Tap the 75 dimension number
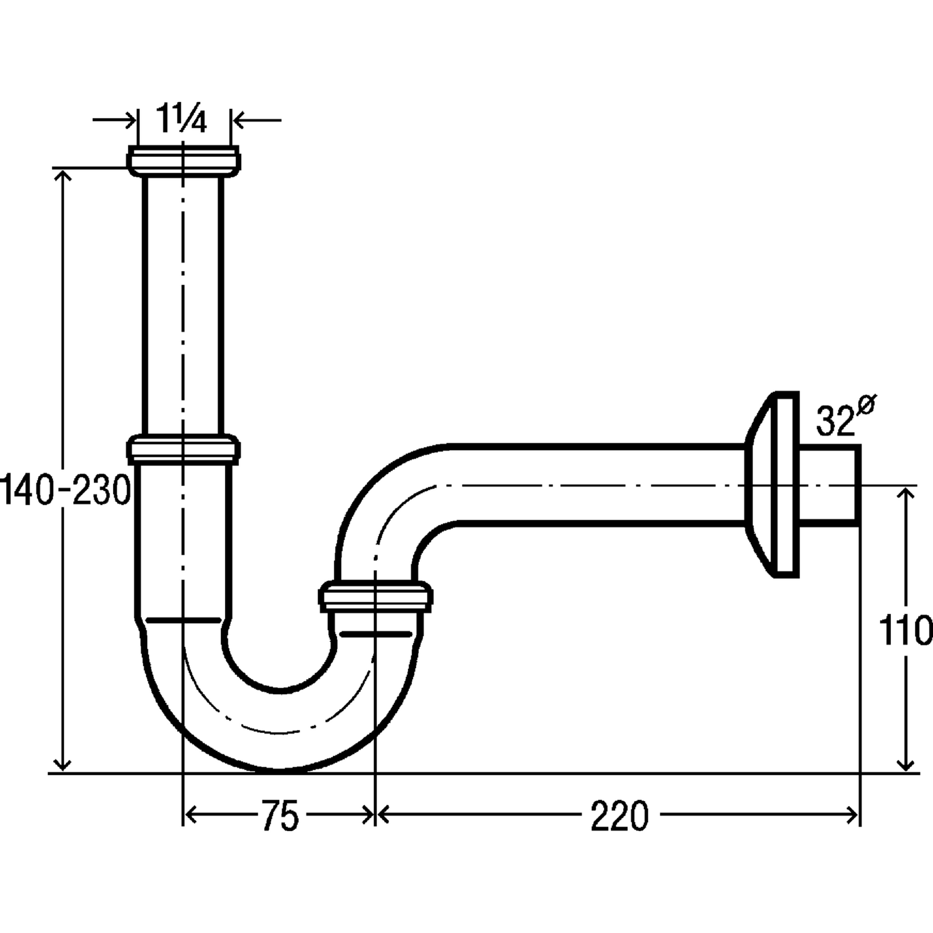280,815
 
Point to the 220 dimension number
620,815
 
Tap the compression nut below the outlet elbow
375,597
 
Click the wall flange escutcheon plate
772,484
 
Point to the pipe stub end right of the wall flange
829,485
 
